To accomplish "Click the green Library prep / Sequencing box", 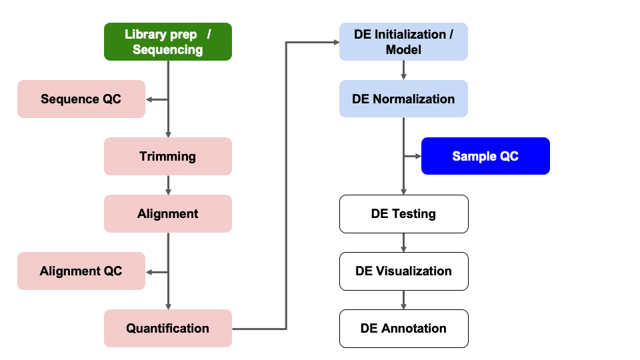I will click(x=167, y=41).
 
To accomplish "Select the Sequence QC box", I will click(x=81, y=99).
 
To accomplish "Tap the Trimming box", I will click(x=167, y=156).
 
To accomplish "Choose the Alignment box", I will click(x=167, y=213).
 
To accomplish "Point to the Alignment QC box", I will click(x=81, y=271).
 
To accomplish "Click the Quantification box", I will click(x=167, y=328).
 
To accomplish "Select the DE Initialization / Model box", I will click(x=403, y=41).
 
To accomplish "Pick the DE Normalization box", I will click(x=403, y=99).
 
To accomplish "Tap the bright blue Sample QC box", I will click(x=485, y=156).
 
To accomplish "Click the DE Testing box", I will click(x=403, y=213).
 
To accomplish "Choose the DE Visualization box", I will click(x=403, y=271).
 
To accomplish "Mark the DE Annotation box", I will click(x=403, y=328).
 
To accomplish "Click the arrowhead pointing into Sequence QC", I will click(x=149, y=99).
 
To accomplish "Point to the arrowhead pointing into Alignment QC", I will click(x=149, y=271).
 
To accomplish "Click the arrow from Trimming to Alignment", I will click(x=168, y=185).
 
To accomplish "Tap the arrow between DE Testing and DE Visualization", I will click(x=403, y=242).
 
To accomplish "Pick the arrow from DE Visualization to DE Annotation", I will click(x=403, y=299).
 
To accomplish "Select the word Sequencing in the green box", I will click(x=167, y=50).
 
